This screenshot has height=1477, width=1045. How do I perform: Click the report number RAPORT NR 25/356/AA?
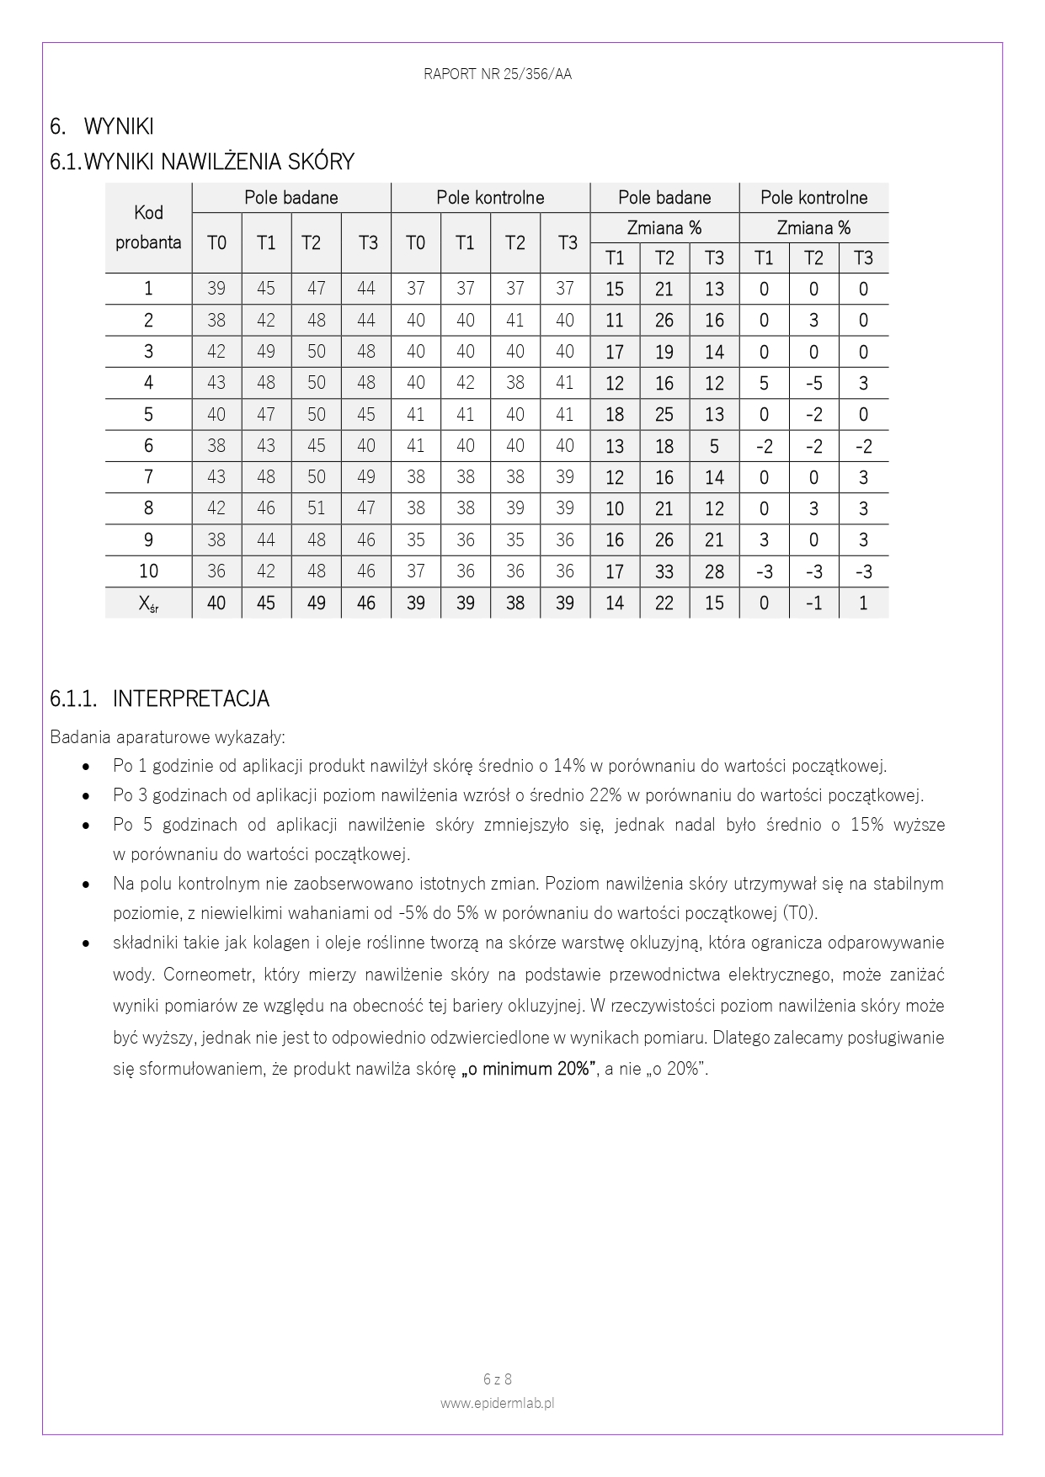pyautogui.click(x=498, y=74)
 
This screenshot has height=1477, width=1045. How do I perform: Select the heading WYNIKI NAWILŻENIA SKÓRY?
pyautogui.click(x=219, y=161)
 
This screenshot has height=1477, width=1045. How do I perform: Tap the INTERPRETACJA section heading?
pyautogui.click(x=190, y=699)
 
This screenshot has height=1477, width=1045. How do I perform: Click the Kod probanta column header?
pyautogui.click(x=148, y=227)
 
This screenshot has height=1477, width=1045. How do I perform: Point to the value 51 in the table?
pyautogui.click(x=316, y=508)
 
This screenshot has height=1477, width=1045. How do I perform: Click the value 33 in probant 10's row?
pyautogui.click(x=664, y=571)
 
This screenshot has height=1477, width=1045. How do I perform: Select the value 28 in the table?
pyautogui.click(x=714, y=571)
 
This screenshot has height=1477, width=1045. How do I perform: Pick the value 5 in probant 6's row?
pyautogui.click(x=714, y=446)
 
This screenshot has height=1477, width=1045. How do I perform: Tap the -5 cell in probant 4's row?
pyautogui.click(x=813, y=383)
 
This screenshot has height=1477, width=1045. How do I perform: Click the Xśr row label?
pyautogui.click(x=148, y=603)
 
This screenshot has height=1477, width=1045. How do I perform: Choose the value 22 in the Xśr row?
pyautogui.click(x=664, y=603)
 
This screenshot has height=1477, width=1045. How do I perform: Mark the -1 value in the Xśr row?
pyautogui.click(x=813, y=603)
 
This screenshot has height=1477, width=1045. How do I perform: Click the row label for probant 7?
pyautogui.click(x=148, y=477)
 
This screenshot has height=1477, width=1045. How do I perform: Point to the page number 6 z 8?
pyautogui.click(x=498, y=1379)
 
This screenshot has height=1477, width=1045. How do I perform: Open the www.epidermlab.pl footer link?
pyautogui.click(x=498, y=1403)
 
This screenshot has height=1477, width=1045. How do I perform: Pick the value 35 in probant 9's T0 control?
pyautogui.click(x=415, y=540)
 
